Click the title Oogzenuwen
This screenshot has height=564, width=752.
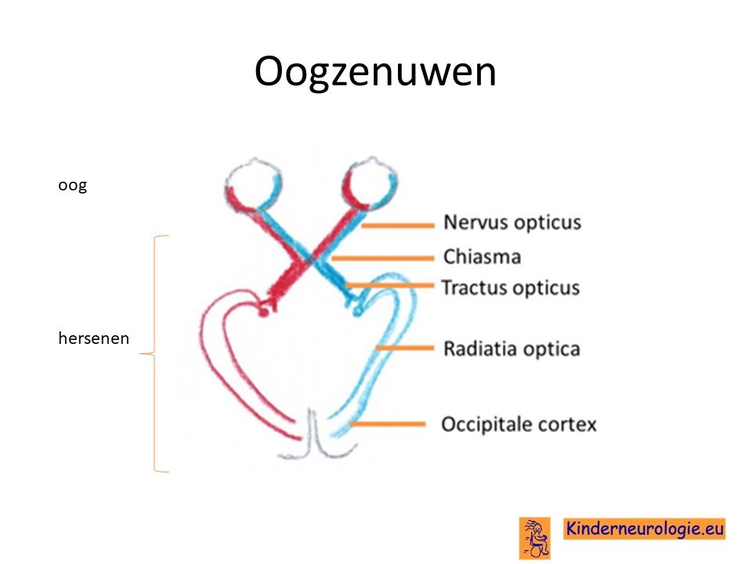point(375,72)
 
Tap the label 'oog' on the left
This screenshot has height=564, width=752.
point(72,186)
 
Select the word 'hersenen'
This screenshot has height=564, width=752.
point(93,338)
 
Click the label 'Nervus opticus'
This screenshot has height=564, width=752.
point(512,222)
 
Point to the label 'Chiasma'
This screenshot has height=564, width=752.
point(482,257)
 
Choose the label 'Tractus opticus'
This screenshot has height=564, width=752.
point(511,287)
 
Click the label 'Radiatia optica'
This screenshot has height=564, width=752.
point(512,349)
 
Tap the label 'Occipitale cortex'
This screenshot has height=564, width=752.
point(519,425)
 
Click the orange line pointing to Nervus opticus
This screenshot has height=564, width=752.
point(398,225)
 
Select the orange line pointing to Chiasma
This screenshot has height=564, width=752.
point(383,258)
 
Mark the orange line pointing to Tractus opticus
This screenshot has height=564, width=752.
point(389,286)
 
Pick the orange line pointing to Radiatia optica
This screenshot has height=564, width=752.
point(405,348)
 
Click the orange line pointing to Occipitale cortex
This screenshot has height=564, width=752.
point(388,424)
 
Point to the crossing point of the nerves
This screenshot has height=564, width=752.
point(312,259)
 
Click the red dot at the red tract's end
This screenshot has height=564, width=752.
point(263,313)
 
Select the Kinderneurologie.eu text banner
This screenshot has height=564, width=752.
point(644,529)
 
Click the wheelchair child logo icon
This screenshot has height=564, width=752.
point(535,538)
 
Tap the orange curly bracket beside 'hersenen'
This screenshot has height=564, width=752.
point(154,354)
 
